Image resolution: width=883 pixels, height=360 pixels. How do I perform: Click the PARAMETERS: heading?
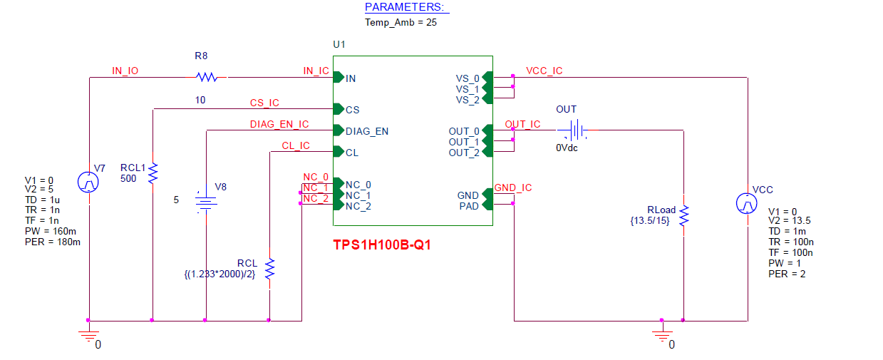tap(406, 7)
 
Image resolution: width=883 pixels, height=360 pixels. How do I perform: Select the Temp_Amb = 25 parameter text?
tap(401, 22)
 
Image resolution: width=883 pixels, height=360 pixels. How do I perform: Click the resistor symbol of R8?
tap(206, 76)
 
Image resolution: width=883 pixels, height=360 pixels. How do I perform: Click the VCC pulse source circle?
tap(747, 204)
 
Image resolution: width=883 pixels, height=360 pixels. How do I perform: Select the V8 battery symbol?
tap(205, 204)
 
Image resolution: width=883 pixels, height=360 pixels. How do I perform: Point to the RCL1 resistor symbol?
tap(152, 173)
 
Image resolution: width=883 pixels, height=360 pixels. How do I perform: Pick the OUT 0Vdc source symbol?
tap(572, 130)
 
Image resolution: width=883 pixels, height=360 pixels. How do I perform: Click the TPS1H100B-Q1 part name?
tap(382, 245)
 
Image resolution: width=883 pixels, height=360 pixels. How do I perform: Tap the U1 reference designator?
tap(339, 44)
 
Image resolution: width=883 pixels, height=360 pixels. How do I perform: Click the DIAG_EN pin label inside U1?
tap(367, 131)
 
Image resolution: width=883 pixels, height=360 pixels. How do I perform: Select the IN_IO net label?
tap(125, 71)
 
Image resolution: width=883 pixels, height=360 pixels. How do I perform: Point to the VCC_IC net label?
tap(544, 71)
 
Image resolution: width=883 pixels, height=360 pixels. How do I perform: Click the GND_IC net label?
tap(512, 188)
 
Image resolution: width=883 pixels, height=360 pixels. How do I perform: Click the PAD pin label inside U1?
tap(468, 206)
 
